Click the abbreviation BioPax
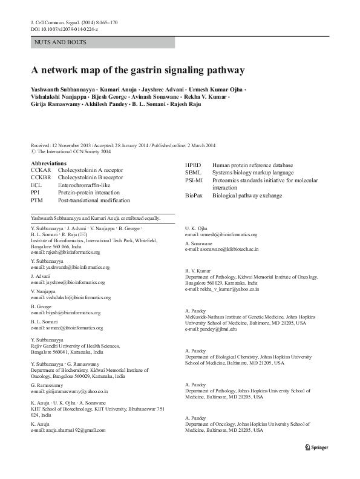[x=195, y=196]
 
